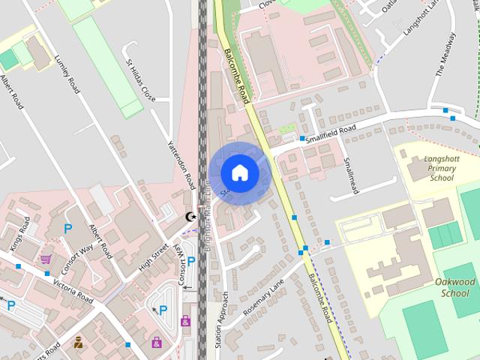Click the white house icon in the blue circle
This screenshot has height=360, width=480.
(x=239, y=172)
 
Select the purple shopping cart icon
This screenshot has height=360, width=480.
(x=46, y=259)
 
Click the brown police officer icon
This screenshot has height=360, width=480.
(x=78, y=343)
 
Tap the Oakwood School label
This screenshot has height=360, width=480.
(x=455, y=287)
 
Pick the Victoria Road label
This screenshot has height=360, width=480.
(x=68, y=288)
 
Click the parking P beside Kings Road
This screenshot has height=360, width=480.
(x=67, y=229)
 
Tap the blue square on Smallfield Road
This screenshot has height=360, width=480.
(x=303, y=139)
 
